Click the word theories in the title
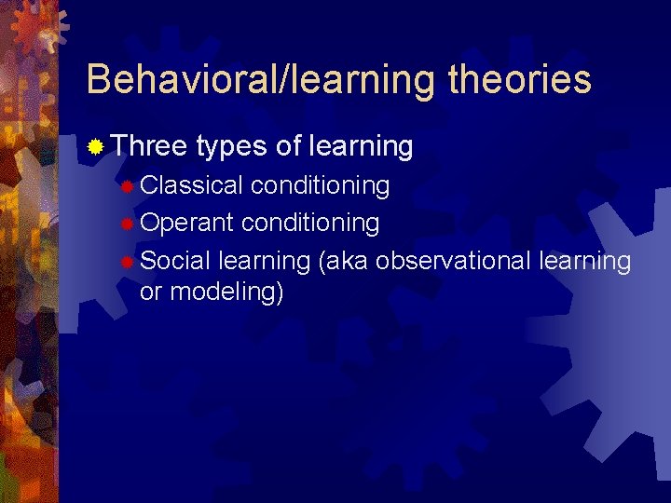tap(519, 79)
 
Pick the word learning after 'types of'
tap(363, 147)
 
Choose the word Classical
tap(191, 185)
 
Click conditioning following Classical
tap(320, 186)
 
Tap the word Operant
tap(187, 224)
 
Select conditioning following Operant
tap(310, 224)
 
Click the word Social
tap(175, 261)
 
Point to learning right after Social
tap(264, 262)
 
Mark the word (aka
tap(343, 262)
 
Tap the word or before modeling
tap(150, 292)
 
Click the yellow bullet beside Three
tap(95, 147)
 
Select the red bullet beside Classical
tap(127, 186)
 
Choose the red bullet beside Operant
tap(127, 224)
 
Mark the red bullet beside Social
tap(127, 262)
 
